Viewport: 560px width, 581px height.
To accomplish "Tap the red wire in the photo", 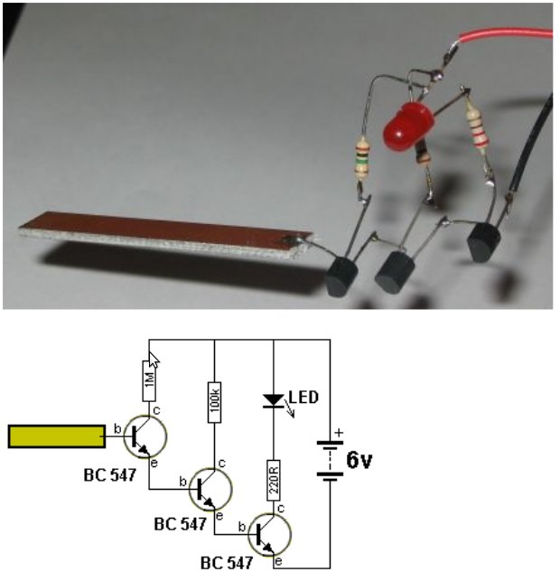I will coord(506,34).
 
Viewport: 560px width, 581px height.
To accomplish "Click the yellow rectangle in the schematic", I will coord(55,437).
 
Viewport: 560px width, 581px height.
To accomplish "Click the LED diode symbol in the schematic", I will coord(274,398).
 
